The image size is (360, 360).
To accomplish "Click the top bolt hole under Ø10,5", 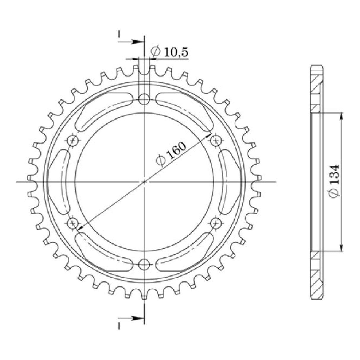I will (x=144, y=99).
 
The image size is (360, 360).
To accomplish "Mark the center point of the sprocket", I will (x=144, y=181).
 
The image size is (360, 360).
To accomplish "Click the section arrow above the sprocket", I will (x=136, y=42).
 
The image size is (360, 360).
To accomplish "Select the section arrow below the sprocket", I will (x=136, y=318).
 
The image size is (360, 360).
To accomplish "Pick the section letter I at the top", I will (x=119, y=34).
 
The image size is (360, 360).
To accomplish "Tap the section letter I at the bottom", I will (x=119, y=326).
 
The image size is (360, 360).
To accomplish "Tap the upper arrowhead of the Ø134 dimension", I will (x=342, y=116).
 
